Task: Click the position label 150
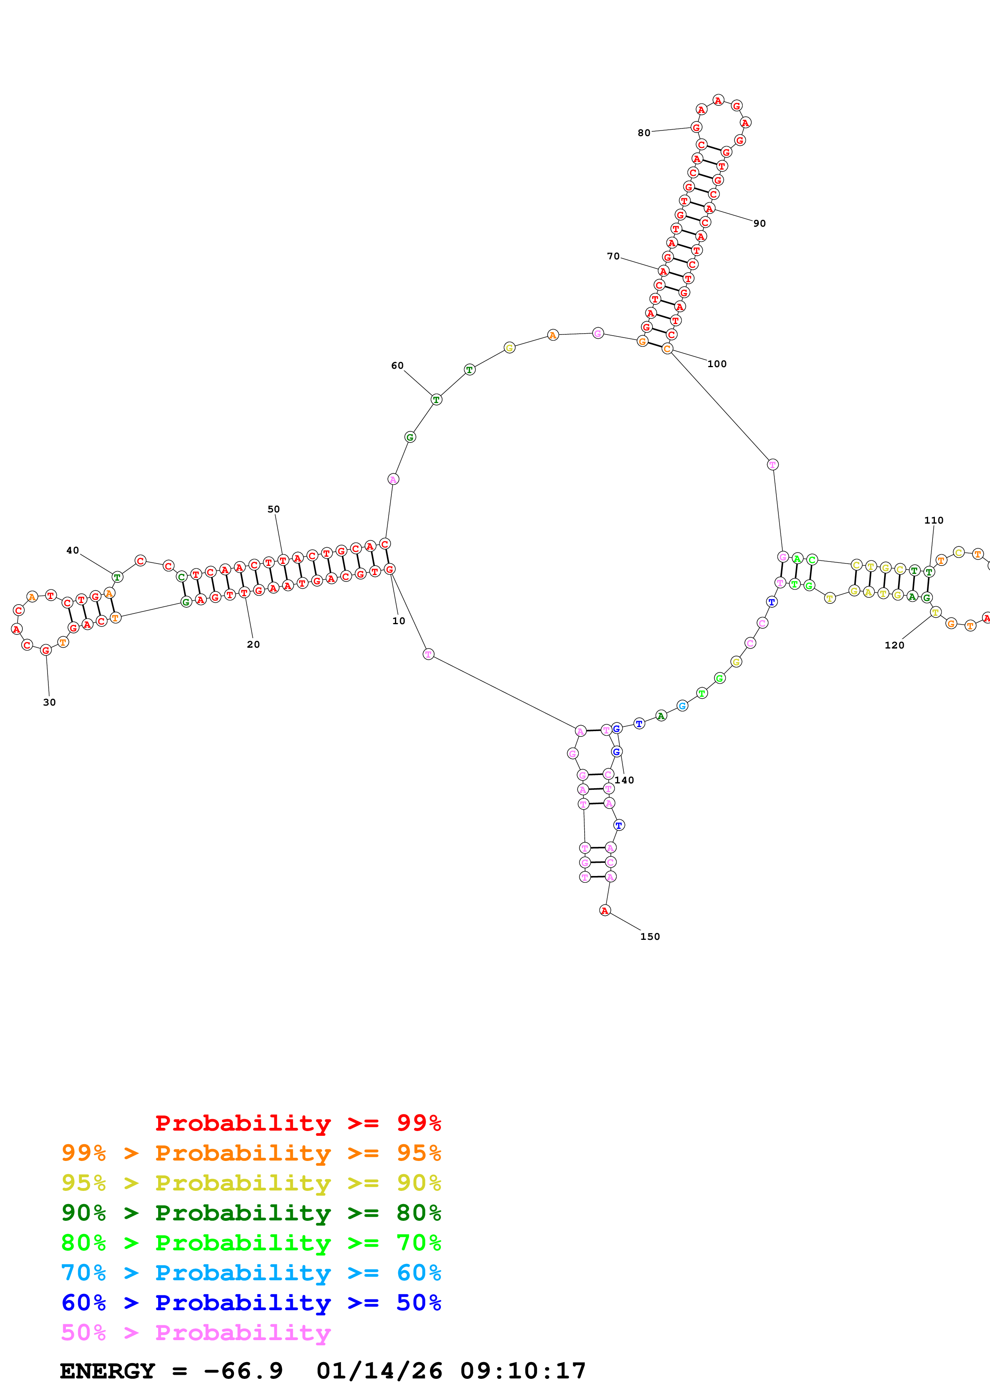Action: click(650, 937)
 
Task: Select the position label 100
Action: click(717, 364)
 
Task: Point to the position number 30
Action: click(50, 702)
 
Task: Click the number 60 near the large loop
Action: click(397, 366)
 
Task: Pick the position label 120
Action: click(894, 645)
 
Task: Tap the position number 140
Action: click(624, 780)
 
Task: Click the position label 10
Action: click(398, 621)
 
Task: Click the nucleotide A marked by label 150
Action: click(605, 910)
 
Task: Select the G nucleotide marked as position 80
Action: click(696, 127)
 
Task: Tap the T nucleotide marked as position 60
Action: click(436, 399)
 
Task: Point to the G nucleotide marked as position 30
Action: click(46, 650)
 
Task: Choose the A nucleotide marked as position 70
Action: click(663, 271)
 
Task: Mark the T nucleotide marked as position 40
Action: click(117, 577)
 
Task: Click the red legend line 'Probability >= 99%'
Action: click(298, 1123)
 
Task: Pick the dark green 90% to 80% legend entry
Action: click(251, 1213)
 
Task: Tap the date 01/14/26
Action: click(379, 1371)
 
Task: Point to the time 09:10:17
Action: click(523, 1371)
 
